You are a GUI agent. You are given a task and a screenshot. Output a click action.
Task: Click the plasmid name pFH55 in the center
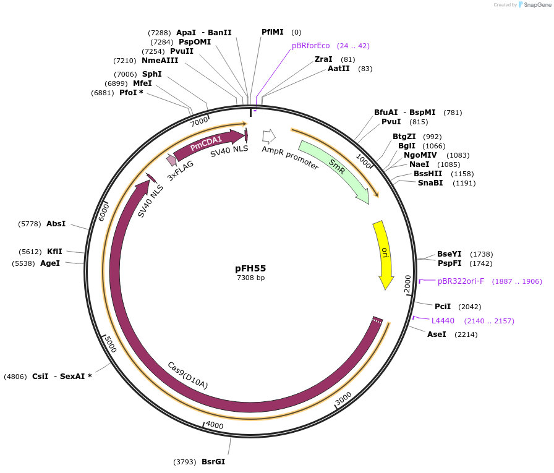pos(250,268)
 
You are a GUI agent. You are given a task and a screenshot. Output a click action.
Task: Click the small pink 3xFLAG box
pos(171,160)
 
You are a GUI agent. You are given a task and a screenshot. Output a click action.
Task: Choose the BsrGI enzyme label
pos(213,461)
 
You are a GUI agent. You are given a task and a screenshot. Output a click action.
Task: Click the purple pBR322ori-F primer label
pos(461,281)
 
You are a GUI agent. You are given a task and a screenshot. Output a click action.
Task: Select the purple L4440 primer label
pos(443,320)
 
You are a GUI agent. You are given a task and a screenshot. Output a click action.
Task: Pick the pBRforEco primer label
pos(311,45)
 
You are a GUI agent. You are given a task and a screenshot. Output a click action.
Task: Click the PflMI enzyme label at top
pos(272,32)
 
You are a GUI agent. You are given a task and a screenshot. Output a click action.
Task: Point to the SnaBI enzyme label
pos(430,183)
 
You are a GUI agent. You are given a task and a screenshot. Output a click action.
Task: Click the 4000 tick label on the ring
pos(215,425)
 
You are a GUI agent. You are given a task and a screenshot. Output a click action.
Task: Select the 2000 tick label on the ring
pos(407,284)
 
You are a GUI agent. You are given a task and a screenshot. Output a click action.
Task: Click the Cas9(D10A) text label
pos(188,375)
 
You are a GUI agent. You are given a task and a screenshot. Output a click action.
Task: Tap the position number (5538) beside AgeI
pos(23,263)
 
